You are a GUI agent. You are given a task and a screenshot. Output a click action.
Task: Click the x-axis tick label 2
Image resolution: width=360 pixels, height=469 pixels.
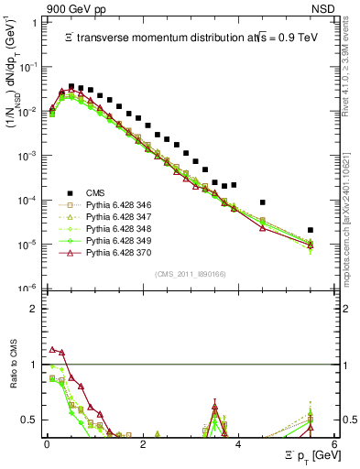click(142, 444)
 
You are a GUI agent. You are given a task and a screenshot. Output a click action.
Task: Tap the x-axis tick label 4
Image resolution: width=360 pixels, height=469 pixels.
click(238, 444)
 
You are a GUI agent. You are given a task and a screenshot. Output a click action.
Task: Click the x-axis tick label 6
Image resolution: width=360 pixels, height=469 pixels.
click(333, 444)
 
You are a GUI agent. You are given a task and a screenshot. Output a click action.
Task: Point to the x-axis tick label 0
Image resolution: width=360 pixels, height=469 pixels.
click(47, 444)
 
